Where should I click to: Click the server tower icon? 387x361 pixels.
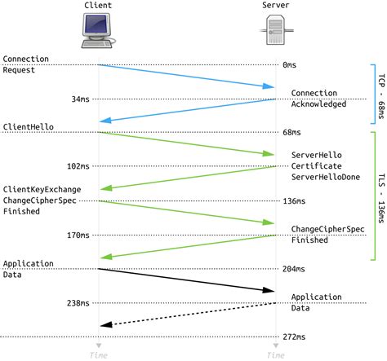[x=275, y=34]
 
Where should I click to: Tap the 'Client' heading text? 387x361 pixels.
[x=98, y=7]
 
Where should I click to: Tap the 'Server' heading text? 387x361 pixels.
[x=275, y=7]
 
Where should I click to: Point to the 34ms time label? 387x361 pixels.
[x=80, y=99]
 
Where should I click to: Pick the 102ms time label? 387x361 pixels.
[x=78, y=166]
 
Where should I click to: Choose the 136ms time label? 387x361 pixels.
[x=293, y=200]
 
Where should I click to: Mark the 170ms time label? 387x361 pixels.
[x=78, y=235]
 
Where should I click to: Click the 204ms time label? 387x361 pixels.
[x=293, y=269]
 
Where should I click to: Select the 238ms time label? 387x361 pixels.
[x=78, y=302]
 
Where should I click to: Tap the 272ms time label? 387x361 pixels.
[x=293, y=337]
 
